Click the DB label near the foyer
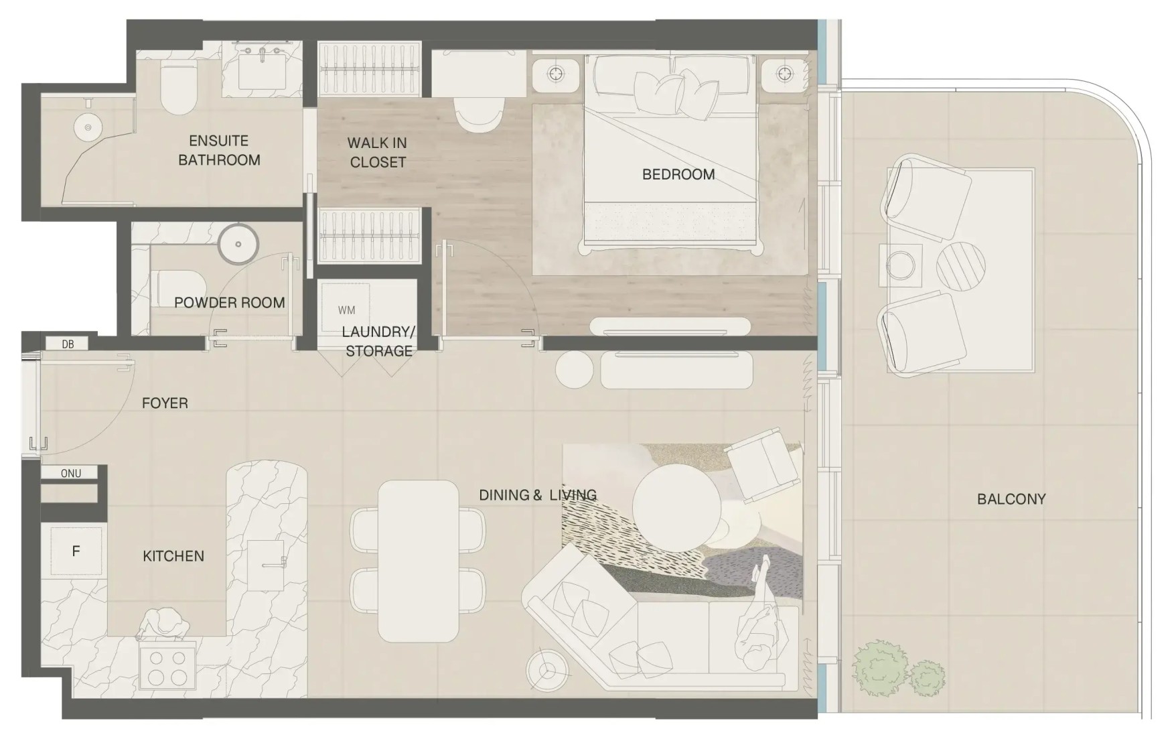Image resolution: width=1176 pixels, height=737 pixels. [x=68, y=344]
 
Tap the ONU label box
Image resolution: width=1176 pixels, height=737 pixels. [x=70, y=473]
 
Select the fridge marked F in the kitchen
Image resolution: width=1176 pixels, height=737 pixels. [x=76, y=551]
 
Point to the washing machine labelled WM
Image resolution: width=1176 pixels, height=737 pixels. [x=346, y=310]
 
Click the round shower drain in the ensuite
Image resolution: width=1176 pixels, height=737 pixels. [x=86, y=127]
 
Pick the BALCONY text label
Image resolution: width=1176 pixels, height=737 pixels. [x=1011, y=498]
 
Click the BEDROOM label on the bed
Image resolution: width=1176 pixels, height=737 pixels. [x=678, y=174]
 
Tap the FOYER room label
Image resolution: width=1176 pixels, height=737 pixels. [x=165, y=403]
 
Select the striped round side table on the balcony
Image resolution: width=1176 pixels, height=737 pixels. [x=961, y=265]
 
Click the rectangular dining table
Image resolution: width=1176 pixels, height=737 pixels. [x=419, y=561]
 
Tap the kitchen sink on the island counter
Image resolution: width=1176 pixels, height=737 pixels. [x=266, y=565]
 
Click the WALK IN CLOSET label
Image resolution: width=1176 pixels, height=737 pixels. [x=378, y=152]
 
